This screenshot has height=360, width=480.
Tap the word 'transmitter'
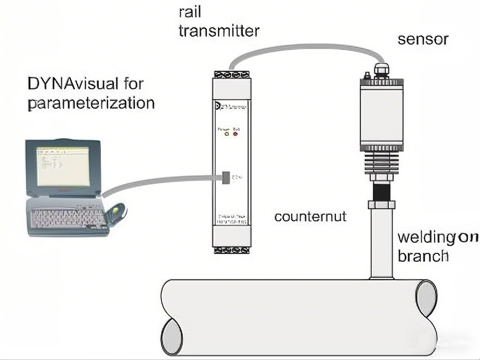(x=219, y=31)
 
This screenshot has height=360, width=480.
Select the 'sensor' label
(x=423, y=39)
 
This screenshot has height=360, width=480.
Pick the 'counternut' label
(x=310, y=217)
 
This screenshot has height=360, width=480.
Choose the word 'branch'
(x=423, y=256)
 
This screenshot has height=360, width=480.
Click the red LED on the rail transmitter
(x=236, y=133)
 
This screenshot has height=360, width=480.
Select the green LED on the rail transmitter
(x=226, y=133)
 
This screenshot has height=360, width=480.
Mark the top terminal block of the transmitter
(x=229, y=74)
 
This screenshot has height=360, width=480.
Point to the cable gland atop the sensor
(x=380, y=70)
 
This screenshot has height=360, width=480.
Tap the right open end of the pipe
(x=425, y=299)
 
